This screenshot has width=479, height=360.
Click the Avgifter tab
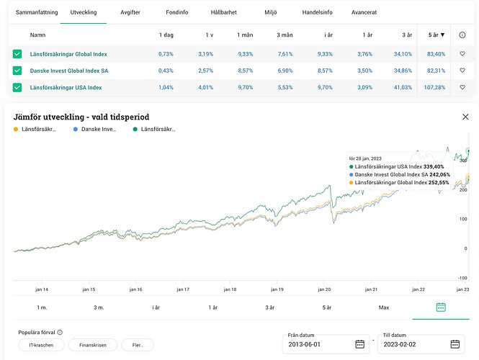coord(130,12)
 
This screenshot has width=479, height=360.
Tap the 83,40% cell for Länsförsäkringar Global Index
coord(436,54)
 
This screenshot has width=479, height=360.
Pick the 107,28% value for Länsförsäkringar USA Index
coord(434,88)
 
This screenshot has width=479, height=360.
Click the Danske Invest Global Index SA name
coord(70,71)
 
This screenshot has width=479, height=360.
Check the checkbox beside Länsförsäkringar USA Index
coord(17,88)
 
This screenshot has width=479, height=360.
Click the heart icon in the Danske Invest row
coord(462,71)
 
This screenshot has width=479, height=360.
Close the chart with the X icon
coord(465,117)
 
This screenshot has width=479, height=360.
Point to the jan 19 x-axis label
coord(277,289)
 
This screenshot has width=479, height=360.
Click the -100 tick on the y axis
coord(463,277)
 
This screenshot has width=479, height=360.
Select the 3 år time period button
coord(269,307)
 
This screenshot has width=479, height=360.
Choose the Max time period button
coord(384,307)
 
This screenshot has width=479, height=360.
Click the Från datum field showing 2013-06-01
coord(321,344)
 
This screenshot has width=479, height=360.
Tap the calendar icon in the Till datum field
coord(455,344)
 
